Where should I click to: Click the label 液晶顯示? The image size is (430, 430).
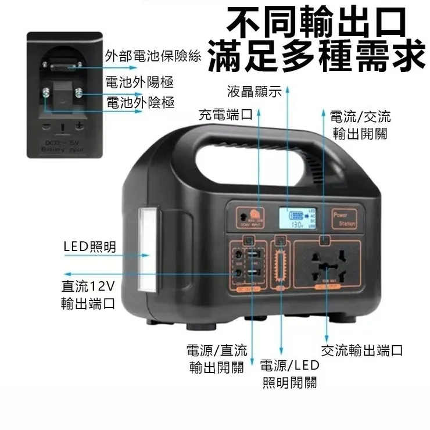[254, 92]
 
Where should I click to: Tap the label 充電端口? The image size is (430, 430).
[225, 114]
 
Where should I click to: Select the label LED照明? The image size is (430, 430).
[89, 246]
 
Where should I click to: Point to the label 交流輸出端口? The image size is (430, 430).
[361, 350]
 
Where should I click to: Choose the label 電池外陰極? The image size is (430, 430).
[140, 103]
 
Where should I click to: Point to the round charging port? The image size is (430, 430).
[239, 220]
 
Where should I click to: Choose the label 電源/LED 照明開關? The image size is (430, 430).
[290, 374]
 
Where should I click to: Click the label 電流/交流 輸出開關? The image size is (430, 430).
[360, 125]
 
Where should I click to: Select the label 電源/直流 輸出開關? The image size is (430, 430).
[217, 359]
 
